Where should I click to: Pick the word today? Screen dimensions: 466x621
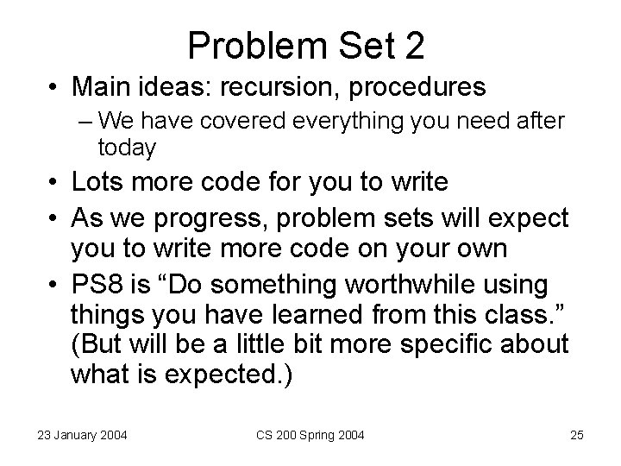pyautogui.click(x=127, y=148)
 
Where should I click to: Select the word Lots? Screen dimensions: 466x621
pyautogui.click(x=97, y=183)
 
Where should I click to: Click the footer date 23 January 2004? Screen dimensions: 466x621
pyautogui.click(x=81, y=435)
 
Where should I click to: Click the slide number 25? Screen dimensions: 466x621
pyautogui.click(x=576, y=435)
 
